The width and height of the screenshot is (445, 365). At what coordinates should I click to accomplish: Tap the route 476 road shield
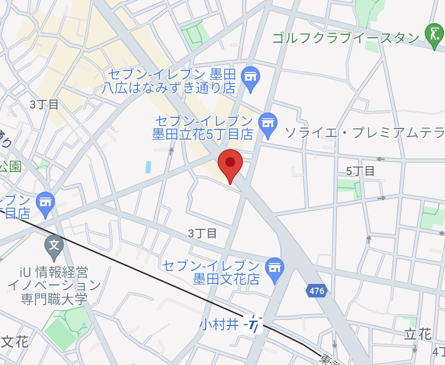click(316, 291)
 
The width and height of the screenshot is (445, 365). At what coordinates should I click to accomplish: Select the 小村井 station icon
click(253, 323)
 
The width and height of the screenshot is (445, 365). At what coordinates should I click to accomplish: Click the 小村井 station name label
click(219, 323)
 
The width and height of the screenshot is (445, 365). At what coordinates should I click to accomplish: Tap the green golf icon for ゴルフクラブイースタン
click(434, 36)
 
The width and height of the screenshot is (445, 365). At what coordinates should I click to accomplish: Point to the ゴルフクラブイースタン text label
click(346, 38)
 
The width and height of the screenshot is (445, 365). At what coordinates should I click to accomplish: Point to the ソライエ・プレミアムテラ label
click(364, 132)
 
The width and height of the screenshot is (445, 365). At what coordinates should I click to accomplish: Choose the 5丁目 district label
click(360, 170)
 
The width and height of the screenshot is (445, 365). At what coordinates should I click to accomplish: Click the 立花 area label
click(417, 334)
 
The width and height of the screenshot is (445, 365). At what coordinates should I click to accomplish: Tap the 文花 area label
click(14, 342)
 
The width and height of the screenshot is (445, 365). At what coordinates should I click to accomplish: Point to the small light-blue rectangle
click(148, 167)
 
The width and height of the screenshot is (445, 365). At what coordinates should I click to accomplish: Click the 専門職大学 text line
click(54, 299)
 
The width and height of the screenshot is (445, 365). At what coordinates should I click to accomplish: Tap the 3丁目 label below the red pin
click(202, 234)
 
